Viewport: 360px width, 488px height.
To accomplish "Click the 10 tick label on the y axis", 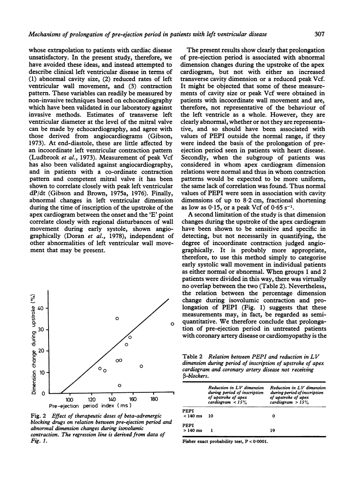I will click(x=43, y=372).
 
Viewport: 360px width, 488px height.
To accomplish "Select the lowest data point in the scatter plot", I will click(x=119, y=385).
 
